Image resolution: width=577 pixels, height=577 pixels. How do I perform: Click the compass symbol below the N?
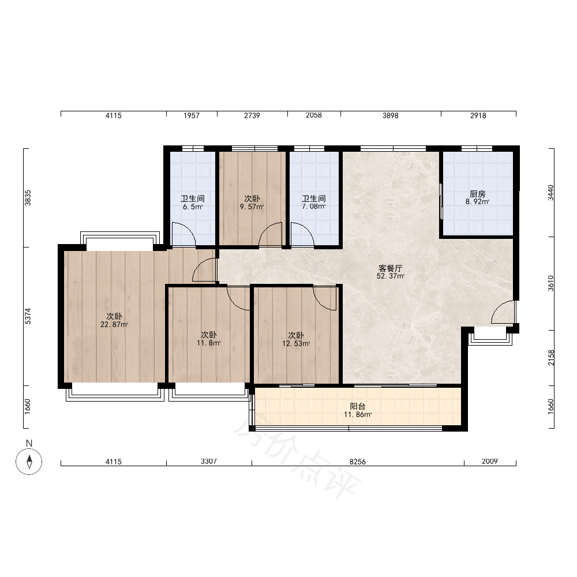point(29,462)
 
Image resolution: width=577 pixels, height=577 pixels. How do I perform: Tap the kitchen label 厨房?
point(477,193)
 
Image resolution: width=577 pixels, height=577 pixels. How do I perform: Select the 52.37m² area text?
point(391,276)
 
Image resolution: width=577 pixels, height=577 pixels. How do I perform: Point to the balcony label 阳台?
point(357,406)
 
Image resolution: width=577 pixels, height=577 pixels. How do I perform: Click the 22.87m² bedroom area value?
point(114,324)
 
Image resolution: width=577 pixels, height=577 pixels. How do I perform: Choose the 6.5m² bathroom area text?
point(193,207)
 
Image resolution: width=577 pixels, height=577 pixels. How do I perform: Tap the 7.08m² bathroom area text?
point(313,207)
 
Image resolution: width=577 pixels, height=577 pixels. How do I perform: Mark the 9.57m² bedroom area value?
point(252,207)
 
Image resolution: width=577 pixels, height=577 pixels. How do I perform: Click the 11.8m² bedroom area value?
point(209,343)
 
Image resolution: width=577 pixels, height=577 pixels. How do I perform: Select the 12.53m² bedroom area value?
point(296,344)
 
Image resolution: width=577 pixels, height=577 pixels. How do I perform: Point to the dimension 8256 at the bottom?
point(357,462)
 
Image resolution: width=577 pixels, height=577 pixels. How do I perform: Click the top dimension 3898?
point(391,115)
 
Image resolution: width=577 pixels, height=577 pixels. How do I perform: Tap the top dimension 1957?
point(192,115)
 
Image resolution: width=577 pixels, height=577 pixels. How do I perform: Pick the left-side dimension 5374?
point(28,316)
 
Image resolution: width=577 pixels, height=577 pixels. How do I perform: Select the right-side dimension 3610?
point(550,283)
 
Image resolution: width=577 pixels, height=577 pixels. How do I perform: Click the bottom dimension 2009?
point(489,462)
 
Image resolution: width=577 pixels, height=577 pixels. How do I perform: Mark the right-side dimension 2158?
point(550,358)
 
